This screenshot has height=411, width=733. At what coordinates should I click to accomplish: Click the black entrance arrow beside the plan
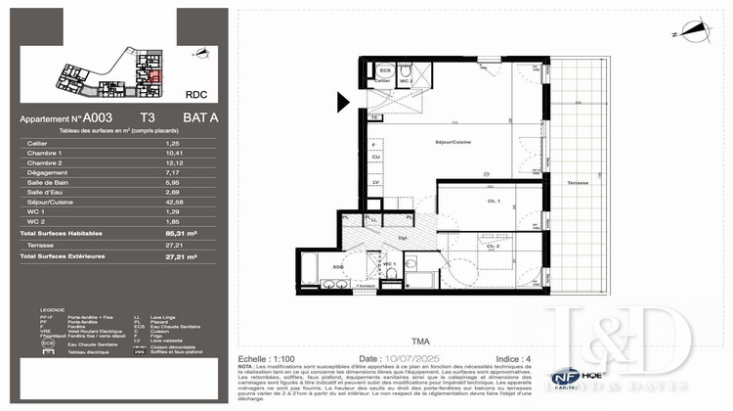[x=343, y=100]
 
